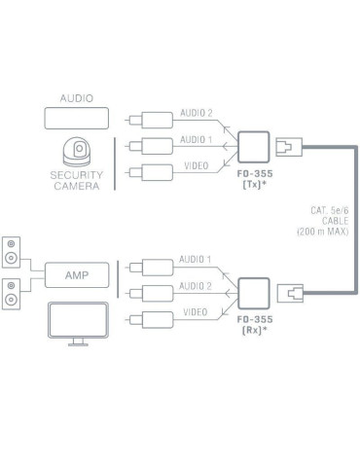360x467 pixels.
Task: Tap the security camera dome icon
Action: (x=77, y=151)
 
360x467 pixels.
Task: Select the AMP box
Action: (x=77, y=275)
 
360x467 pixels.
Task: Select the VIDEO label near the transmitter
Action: (x=195, y=167)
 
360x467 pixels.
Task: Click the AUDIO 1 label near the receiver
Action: (x=193, y=261)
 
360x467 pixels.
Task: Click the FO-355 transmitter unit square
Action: (x=256, y=147)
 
